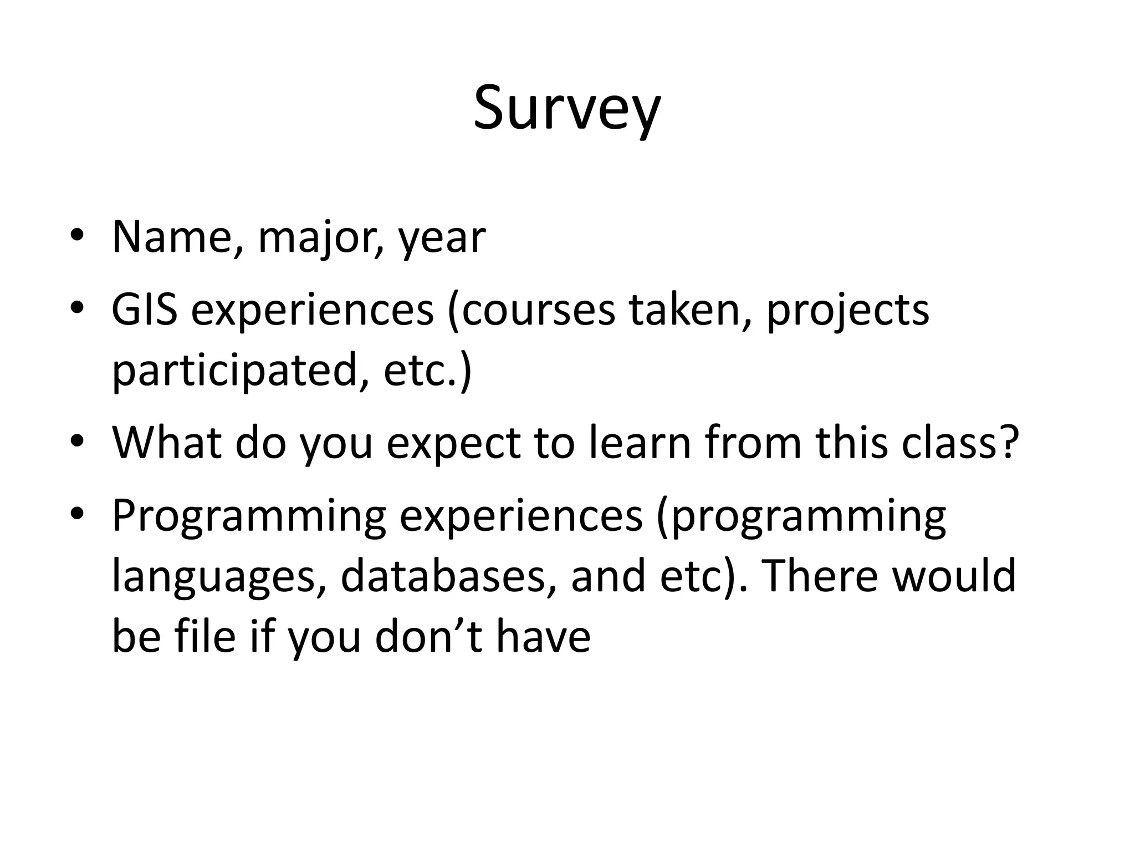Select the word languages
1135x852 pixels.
tap(219, 577)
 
